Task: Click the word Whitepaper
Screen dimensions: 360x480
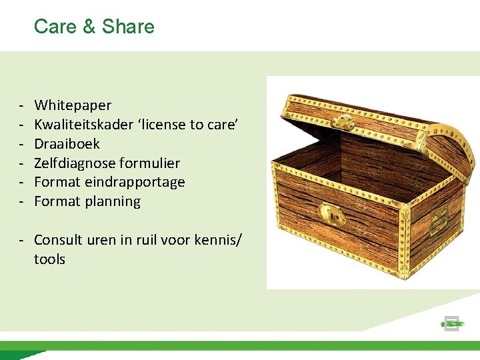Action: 73,105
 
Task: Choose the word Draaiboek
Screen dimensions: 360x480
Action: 67,144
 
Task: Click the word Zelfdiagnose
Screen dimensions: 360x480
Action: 74,163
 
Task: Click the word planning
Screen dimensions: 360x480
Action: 113,201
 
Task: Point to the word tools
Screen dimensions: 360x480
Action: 49,259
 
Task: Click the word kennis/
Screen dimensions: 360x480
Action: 222,240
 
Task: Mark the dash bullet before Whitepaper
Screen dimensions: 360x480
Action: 22,105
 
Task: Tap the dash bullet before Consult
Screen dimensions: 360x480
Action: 22,240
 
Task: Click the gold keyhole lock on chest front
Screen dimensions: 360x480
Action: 332,215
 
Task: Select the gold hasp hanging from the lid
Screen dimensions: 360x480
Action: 342,122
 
